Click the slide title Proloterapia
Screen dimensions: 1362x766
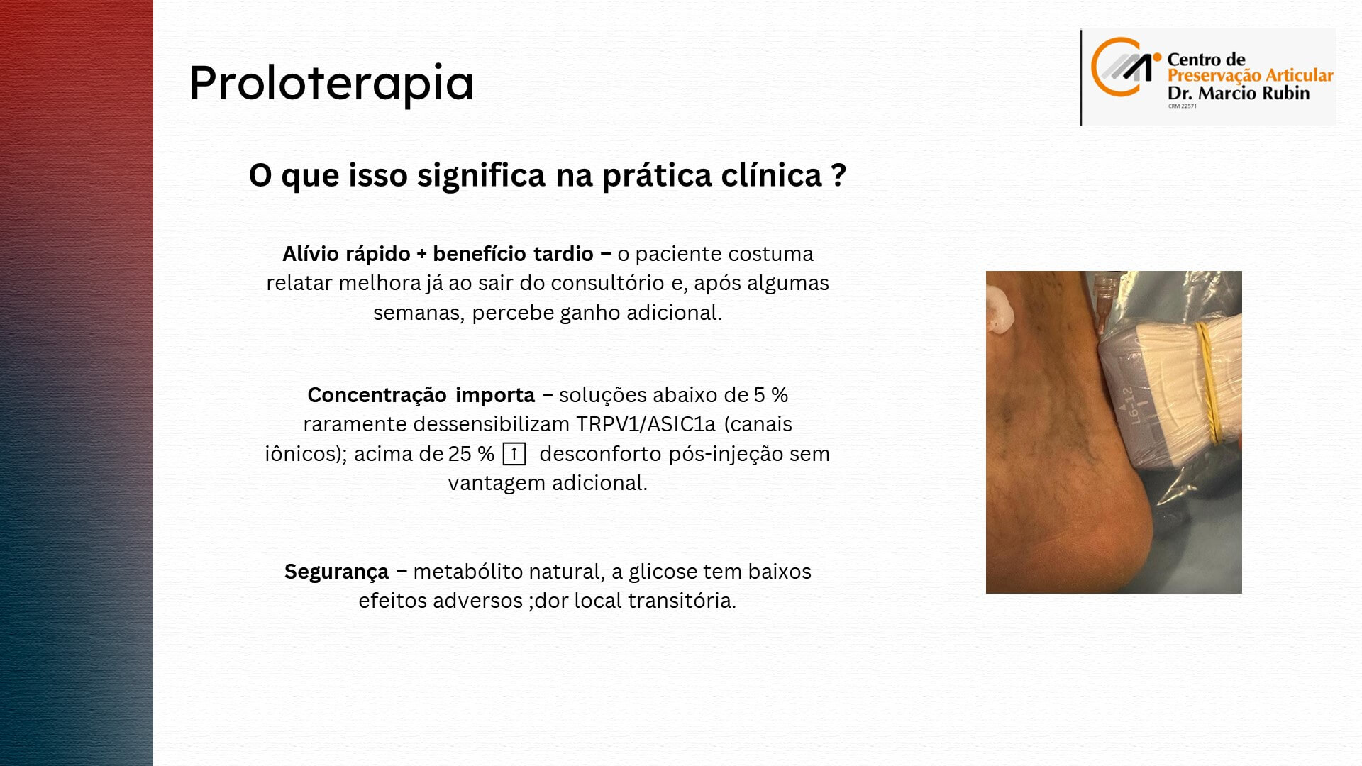(331, 84)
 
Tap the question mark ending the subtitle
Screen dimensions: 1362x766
(839, 174)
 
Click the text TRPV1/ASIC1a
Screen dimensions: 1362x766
(646, 424)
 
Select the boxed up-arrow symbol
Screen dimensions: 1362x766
(514, 453)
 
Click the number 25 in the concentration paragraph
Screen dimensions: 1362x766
(460, 454)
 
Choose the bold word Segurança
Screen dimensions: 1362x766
(336, 572)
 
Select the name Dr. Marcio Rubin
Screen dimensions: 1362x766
(1239, 93)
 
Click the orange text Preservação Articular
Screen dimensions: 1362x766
(1251, 76)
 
